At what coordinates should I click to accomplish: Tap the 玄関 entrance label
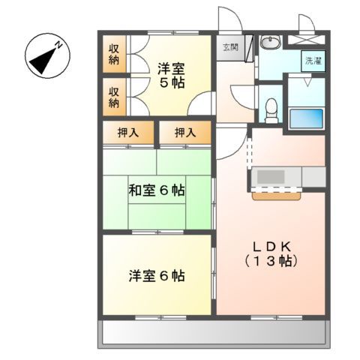[229, 46]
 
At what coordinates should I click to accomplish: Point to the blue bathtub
[306, 118]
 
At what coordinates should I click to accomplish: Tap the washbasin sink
[272, 43]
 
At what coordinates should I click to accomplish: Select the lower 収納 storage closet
[114, 97]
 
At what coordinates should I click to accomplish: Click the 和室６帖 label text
[156, 190]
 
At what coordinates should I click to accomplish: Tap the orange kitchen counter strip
[277, 196]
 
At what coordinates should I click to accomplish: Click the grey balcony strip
[214, 331]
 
